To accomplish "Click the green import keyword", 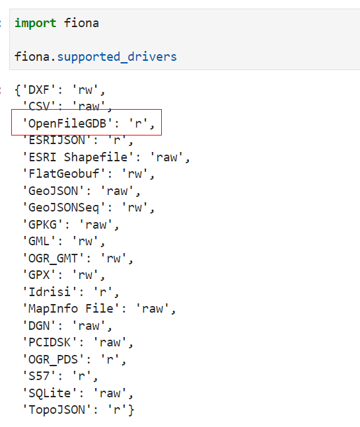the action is coord(36,23).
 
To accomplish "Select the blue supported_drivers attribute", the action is coord(117,58).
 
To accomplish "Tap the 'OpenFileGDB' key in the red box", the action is coord(67,124).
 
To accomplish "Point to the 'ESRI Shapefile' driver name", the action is coord(78,157).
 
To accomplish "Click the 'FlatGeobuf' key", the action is coord(64,174).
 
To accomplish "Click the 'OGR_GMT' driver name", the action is coord(54,258).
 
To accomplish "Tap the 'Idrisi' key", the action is coord(50,292).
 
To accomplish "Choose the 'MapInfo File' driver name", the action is coord(71,309).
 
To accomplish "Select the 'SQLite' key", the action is coord(50,393).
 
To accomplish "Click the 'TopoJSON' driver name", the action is coord(57,410).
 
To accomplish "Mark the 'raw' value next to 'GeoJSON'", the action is coord(117,191).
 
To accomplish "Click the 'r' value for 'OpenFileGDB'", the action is coord(139,124).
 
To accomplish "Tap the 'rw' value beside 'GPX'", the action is coord(85,275).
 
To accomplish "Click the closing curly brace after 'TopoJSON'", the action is coord(131,410).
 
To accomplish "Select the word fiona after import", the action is coord(81,23).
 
